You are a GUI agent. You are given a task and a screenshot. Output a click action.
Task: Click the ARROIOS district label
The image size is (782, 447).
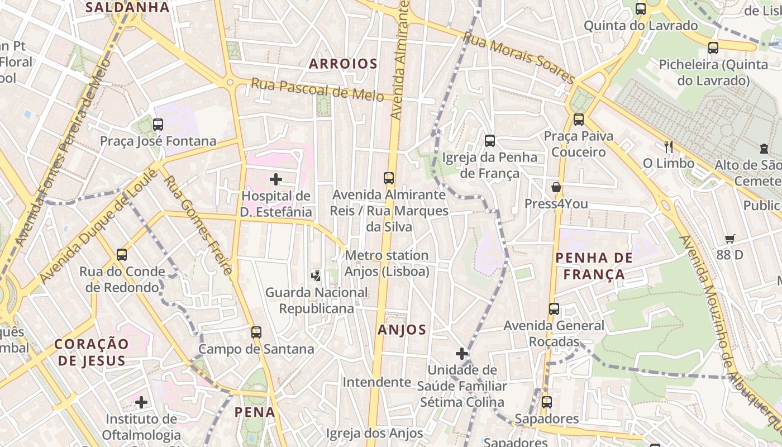(x=343, y=64)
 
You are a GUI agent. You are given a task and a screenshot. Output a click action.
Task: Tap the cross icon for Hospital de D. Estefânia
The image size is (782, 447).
(x=275, y=179)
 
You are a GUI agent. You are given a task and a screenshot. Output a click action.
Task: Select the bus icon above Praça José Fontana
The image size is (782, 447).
(x=158, y=125)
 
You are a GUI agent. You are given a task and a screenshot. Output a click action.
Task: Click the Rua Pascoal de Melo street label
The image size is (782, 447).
(x=317, y=89)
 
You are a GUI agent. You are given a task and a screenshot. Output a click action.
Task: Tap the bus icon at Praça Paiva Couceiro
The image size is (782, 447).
(x=578, y=119)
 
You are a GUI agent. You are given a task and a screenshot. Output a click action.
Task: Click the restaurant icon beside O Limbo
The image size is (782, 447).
(x=668, y=147)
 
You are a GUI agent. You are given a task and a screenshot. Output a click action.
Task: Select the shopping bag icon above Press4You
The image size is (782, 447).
(x=556, y=187)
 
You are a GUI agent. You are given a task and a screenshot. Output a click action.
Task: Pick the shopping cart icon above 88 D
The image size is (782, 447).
(x=729, y=239)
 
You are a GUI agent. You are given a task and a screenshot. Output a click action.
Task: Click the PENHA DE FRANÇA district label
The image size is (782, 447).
(x=594, y=266)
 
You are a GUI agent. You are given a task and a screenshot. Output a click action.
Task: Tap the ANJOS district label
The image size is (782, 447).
(x=402, y=330)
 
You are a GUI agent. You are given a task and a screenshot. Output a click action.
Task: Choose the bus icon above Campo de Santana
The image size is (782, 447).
(x=256, y=332)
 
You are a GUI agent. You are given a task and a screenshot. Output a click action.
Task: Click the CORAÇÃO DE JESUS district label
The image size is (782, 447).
(x=91, y=352)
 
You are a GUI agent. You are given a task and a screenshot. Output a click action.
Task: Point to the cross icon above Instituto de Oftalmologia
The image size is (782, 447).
(x=141, y=402)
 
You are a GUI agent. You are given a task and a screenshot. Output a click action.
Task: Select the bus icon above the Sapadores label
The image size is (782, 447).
(x=546, y=402)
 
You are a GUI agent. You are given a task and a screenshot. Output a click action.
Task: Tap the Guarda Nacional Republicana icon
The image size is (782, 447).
(x=316, y=275)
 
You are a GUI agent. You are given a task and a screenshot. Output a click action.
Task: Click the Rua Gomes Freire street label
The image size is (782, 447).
(x=198, y=225)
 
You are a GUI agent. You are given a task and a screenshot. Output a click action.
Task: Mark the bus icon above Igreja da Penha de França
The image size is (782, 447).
(x=489, y=141)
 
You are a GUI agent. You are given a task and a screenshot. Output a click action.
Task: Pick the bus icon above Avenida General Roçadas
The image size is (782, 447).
(x=554, y=309)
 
